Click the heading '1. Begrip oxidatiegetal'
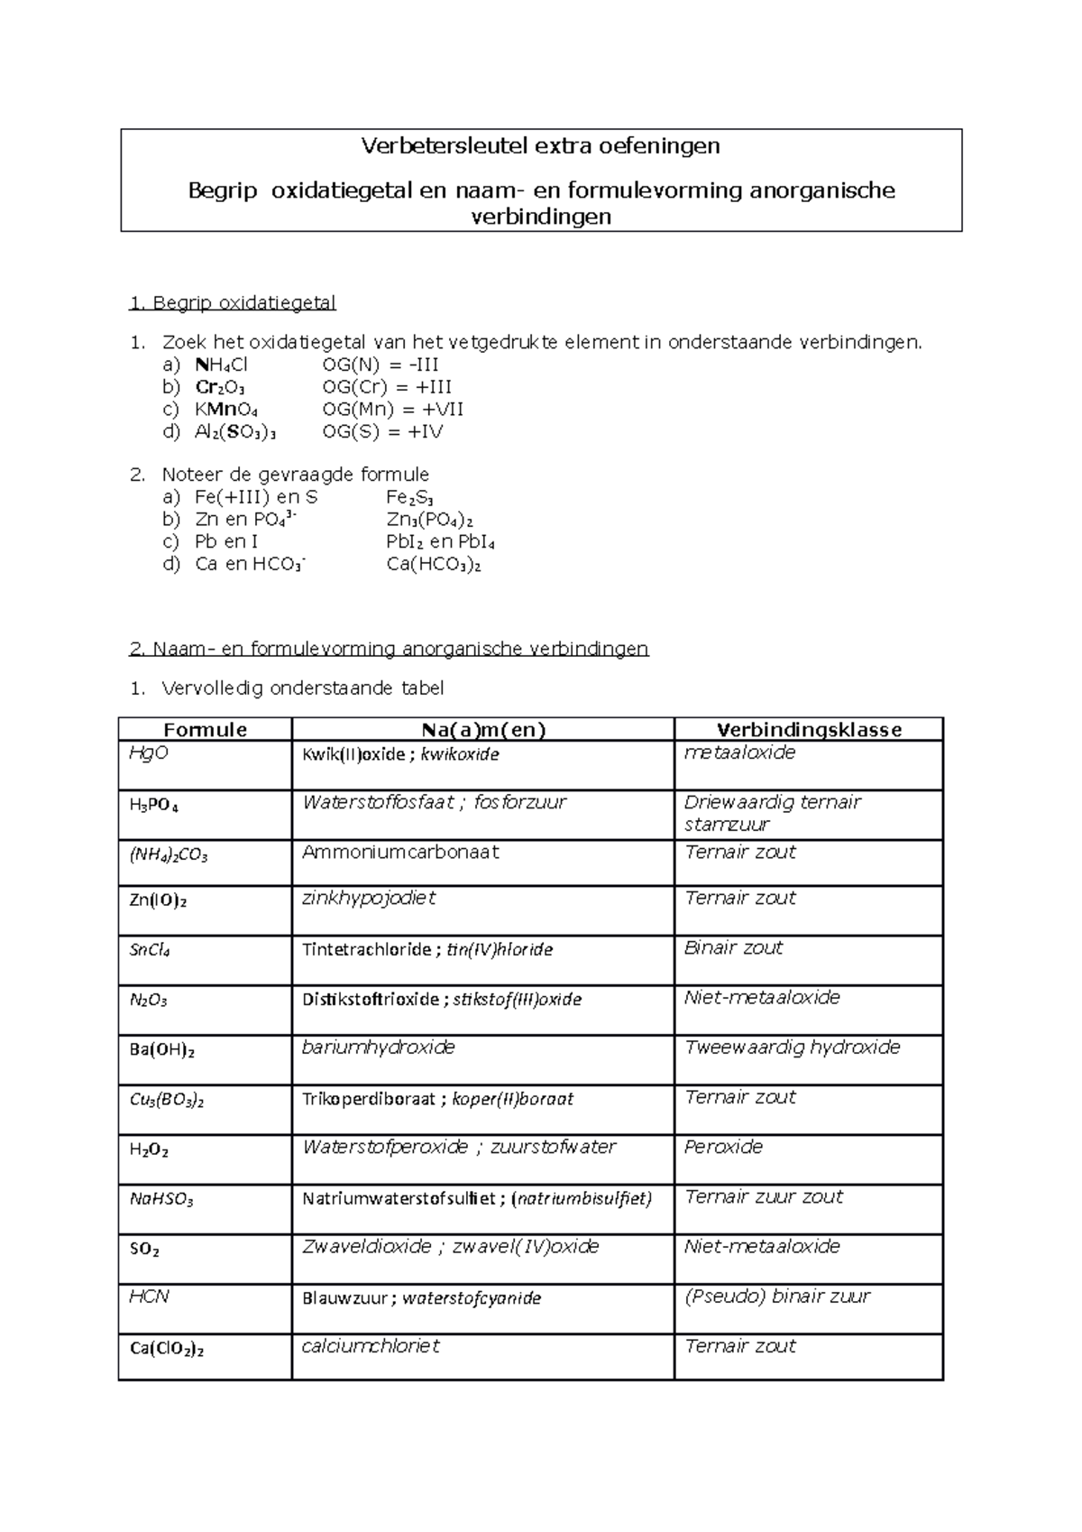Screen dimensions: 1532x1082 (233, 302)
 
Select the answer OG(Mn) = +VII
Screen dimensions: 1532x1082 (393, 409)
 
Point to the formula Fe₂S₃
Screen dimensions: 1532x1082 (410, 497)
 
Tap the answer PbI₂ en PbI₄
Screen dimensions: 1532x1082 (440, 542)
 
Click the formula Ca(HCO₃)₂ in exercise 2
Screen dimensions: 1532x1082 (433, 565)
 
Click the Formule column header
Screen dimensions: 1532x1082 (205, 730)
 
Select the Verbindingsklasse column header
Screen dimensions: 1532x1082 (809, 730)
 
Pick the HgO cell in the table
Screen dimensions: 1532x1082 (149, 752)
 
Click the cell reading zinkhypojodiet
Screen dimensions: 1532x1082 (369, 898)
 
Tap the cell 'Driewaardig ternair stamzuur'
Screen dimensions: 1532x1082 (772, 812)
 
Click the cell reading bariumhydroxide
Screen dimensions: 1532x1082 (378, 1047)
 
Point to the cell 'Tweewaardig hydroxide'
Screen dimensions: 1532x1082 (792, 1047)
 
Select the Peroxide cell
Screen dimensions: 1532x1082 (723, 1147)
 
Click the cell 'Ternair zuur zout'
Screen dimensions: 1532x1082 (763, 1196)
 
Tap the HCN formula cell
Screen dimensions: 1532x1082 (149, 1297)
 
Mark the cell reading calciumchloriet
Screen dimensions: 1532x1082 (371, 1346)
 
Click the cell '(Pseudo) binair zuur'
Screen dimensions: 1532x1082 (776, 1297)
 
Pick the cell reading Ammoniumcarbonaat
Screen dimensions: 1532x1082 (400, 852)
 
